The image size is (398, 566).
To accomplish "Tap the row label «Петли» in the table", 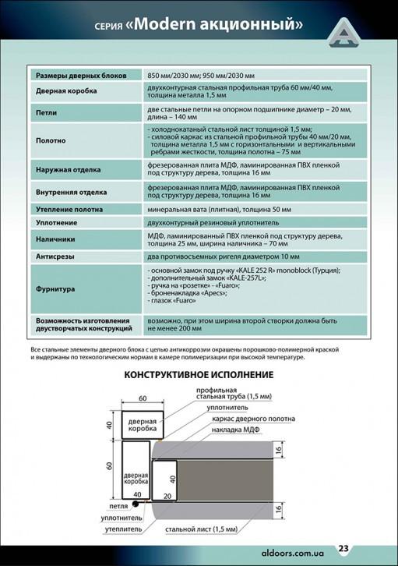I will pos(46,112).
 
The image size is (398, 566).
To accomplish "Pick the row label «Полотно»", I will pos(49,141).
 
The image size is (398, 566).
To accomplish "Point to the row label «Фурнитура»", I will pos(55,288).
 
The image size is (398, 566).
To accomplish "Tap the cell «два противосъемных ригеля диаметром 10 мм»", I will pos(224,256).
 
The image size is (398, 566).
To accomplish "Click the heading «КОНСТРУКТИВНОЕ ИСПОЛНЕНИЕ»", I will pos(199,374).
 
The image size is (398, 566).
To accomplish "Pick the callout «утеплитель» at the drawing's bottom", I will pos(124,528).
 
